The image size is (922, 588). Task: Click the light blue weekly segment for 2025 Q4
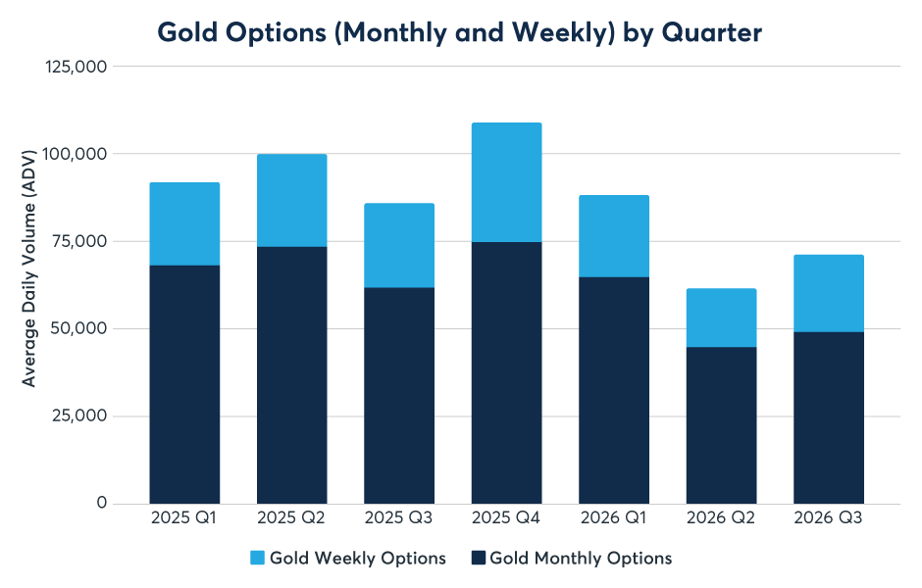(x=506, y=182)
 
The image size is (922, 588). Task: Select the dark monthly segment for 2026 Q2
(x=721, y=425)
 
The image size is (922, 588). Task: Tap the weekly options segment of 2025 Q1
(x=184, y=223)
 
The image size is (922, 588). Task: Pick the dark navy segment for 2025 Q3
(x=399, y=396)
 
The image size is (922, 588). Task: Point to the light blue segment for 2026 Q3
(x=829, y=294)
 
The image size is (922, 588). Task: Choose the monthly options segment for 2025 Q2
(x=291, y=375)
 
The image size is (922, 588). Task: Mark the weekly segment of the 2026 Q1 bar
(x=614, y=236)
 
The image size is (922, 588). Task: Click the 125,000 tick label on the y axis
(x=76, y=67)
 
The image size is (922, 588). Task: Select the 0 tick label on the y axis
(x=102, y=503)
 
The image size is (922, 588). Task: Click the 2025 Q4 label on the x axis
(x=506, y=517)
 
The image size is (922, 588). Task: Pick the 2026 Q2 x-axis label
(x=721, y=517)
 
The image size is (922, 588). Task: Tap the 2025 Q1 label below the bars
(x=183, y=517)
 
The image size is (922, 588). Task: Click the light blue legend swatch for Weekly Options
(x=257, y=558)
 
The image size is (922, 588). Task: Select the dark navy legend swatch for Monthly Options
(x=478, y=558)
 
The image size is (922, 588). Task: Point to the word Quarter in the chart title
(x=711, y=32)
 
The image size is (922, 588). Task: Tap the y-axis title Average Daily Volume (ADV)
(x=28, y=269)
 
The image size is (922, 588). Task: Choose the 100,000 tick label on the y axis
(x=76, y=154)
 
